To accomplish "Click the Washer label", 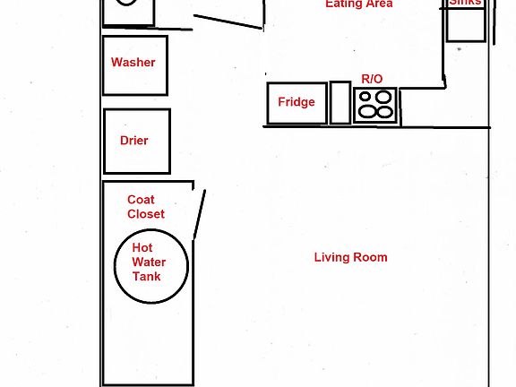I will pyautogui.click(x=133, y=63).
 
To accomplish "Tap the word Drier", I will pyautogui.click(x=133, y=141).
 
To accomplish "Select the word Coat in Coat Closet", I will pyautogui.click(x=141, y=201).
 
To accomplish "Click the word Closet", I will pyautogui.click(x=146, y=214).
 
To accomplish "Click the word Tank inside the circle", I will pyautogui.click(x=146, y=277).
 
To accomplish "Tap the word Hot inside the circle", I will pyautogui.click(x=142, y=248).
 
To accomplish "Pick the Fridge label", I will pyautogui.click(x=296, y=102).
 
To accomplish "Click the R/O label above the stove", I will pyautogui.click(x=372, y=80).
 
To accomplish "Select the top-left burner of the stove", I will pyautogui.click(x=365, y=97).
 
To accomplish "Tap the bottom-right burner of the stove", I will pyautogui.click(x=385, y=113).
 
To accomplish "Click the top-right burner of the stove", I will pyautogui.click(x=384, y=97).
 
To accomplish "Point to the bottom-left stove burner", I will pyautogui.click(x=365, y=113).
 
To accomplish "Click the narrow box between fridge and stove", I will pyautogui.click(x=340, y=102).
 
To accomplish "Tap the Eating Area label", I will pyautogui.click(x=358, y=4).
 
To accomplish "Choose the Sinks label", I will pyautogui.click(x=466, y=3).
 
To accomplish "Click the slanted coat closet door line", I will pyautogui.click(x=200, y=213).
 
